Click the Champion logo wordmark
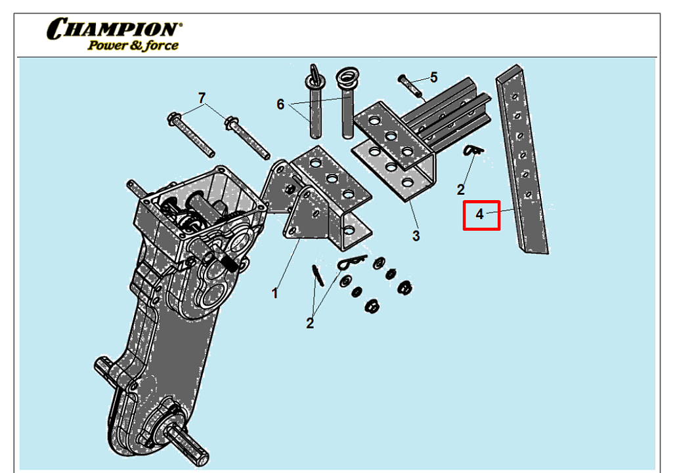pyautogui.click(x=113, y=30)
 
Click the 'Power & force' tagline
pyautogui.click(x=133, y=46)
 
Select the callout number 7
pyautogui.click(x=202, y=98)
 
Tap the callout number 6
pyautogui.click(x=280, y=104)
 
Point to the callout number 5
pyautogui.click(x=433, y=77)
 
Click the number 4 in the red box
pyautogui.click(x=480, y=215)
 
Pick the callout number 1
pyautogui.click(x=275, y=293)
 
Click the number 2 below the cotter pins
pyautogui.click(x=309, y=323)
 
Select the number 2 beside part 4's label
pyautogui.click(x=461, y=190)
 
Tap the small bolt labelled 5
pyautogui.click(x=410, y=85)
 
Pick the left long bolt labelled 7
pyautogui.click(x=190, y=134)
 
